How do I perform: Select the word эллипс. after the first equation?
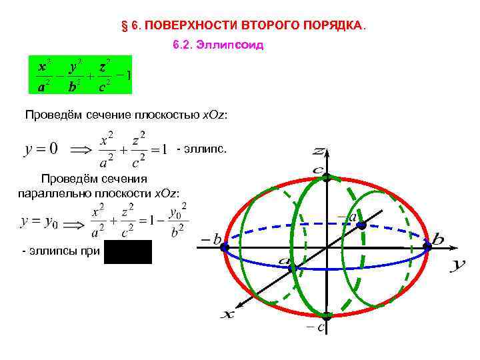click(207, 148)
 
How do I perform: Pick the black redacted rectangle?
click(128, 252)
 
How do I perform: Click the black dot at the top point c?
click(327, 178)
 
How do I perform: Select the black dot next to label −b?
click(225, 247)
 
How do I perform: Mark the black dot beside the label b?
click(427, 247)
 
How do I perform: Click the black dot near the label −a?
click(361, 225)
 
